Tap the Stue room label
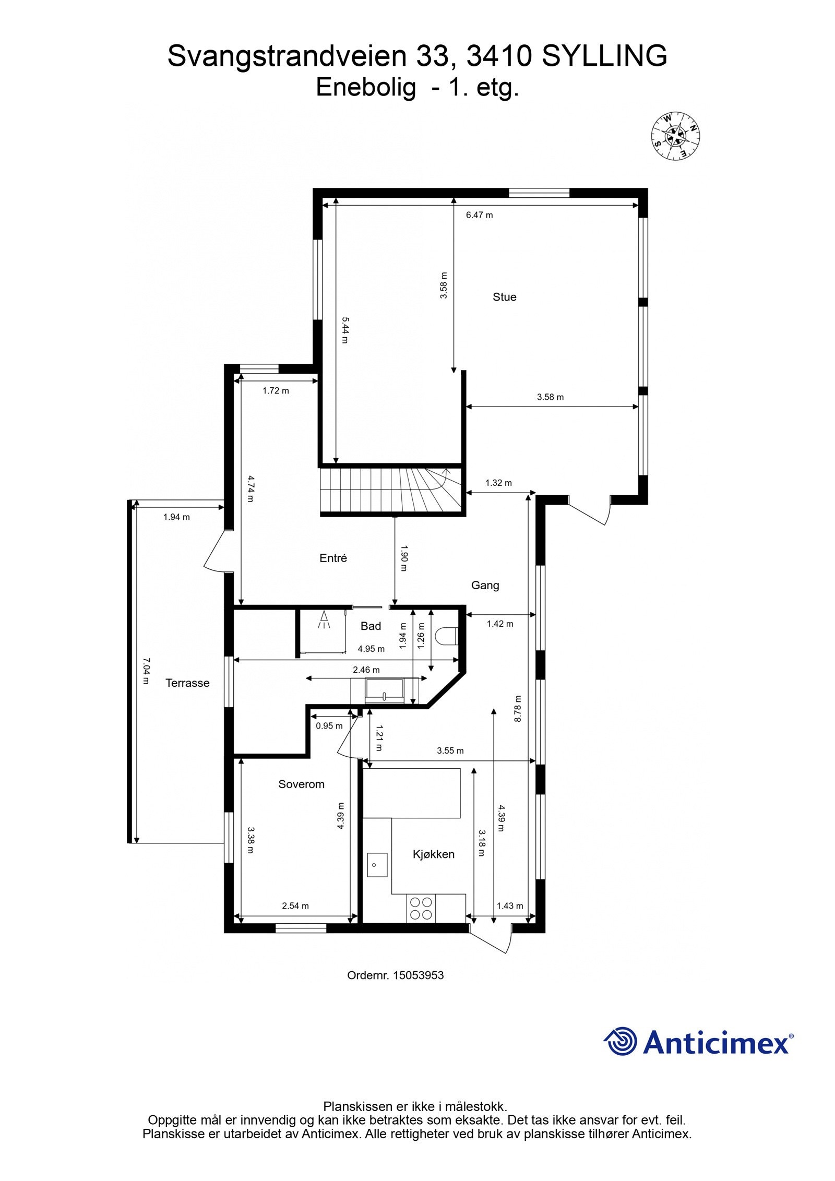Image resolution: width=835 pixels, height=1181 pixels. click(504, 297)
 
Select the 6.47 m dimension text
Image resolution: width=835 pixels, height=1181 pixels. click(479, 215)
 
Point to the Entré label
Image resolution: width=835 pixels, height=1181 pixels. click(333, 558)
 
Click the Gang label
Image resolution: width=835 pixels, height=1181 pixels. click(485, 586)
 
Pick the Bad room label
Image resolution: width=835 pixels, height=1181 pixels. click(371, 626)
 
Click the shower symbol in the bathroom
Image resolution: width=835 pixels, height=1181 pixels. click(325, 620)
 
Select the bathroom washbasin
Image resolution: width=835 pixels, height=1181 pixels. click(384, 691)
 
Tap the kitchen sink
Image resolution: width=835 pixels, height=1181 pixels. click(377, 865)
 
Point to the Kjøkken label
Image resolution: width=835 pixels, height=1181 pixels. click(433, 854)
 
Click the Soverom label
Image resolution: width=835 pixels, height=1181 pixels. click(301, 784)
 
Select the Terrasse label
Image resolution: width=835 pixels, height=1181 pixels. click(187, 683)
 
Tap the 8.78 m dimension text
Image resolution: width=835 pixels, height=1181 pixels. click(518, 709)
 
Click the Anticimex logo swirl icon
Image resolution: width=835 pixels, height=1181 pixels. click(621, 1042)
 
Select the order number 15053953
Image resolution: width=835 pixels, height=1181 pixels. click(418, 974)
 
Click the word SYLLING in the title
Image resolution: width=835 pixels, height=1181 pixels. click(604, 56)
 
